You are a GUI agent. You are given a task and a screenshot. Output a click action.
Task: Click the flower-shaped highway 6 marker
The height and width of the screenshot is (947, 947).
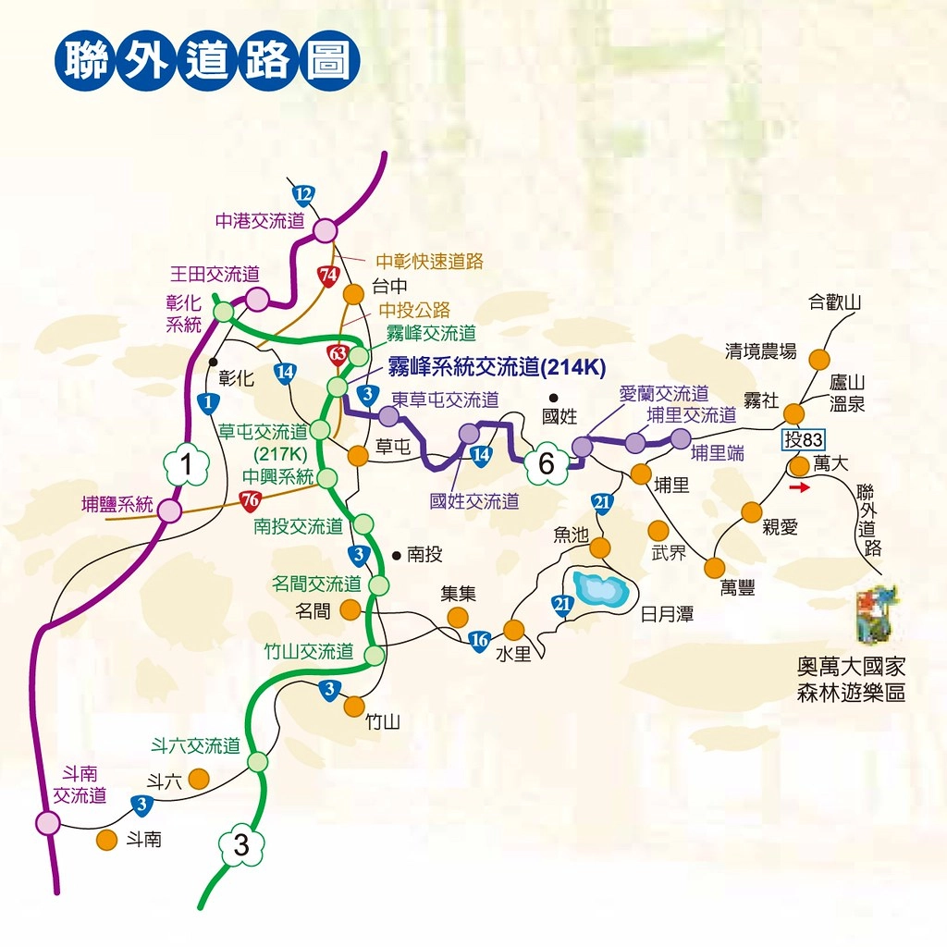tap(546, 464)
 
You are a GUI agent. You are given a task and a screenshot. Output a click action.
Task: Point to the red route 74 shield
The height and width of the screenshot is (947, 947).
tap(327, 276)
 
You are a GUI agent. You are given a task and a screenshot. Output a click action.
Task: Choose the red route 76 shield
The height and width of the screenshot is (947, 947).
tap(249, 500)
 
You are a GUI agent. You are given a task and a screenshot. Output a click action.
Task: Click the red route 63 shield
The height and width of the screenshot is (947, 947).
tap(338, 354)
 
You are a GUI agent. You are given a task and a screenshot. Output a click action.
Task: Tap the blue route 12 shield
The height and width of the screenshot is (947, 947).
tap(303, 195)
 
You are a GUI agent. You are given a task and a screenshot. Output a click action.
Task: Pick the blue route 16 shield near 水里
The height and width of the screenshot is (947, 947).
tap(478, 641)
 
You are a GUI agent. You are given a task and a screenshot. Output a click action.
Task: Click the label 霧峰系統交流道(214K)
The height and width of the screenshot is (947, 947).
tap(496, 366)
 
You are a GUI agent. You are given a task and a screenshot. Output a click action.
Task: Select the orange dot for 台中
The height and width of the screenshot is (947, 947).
tap(353, 294)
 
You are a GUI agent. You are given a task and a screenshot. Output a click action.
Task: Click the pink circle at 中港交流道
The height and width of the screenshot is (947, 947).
tap(326, 231)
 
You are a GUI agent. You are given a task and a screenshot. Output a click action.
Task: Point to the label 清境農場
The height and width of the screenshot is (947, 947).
tap(761, 351)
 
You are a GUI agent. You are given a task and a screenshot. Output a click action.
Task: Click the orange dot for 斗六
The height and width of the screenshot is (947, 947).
tap(198, 780)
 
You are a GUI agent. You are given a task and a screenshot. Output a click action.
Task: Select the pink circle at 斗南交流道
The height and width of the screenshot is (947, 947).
tap(47, 822)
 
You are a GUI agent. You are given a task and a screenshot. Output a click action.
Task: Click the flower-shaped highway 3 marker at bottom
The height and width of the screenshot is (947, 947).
tap(241, 844)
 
